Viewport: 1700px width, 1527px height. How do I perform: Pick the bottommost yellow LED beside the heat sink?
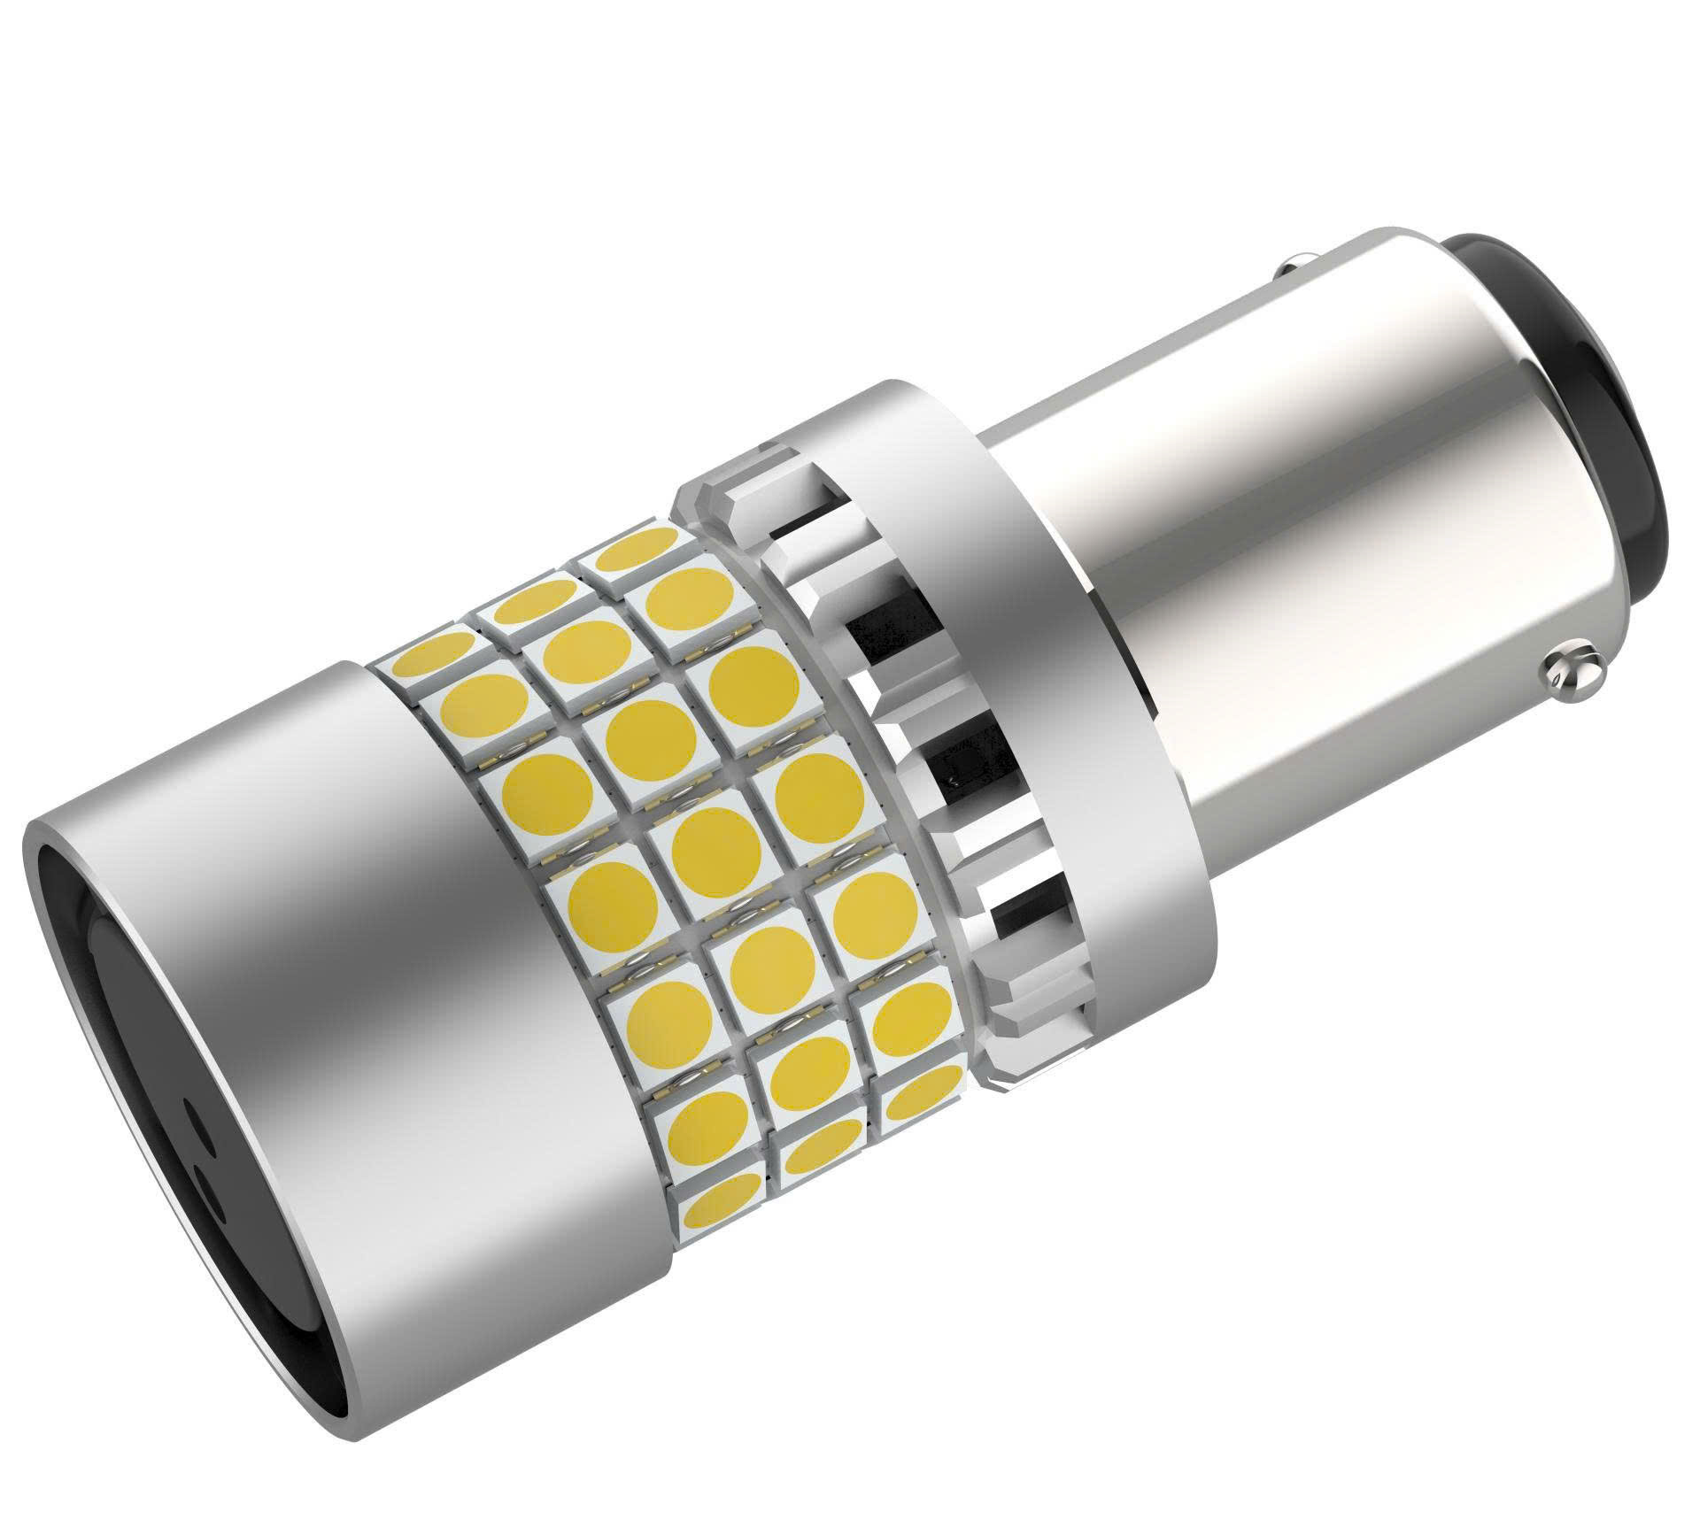pyautogui.click(x=921, y=1102)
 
